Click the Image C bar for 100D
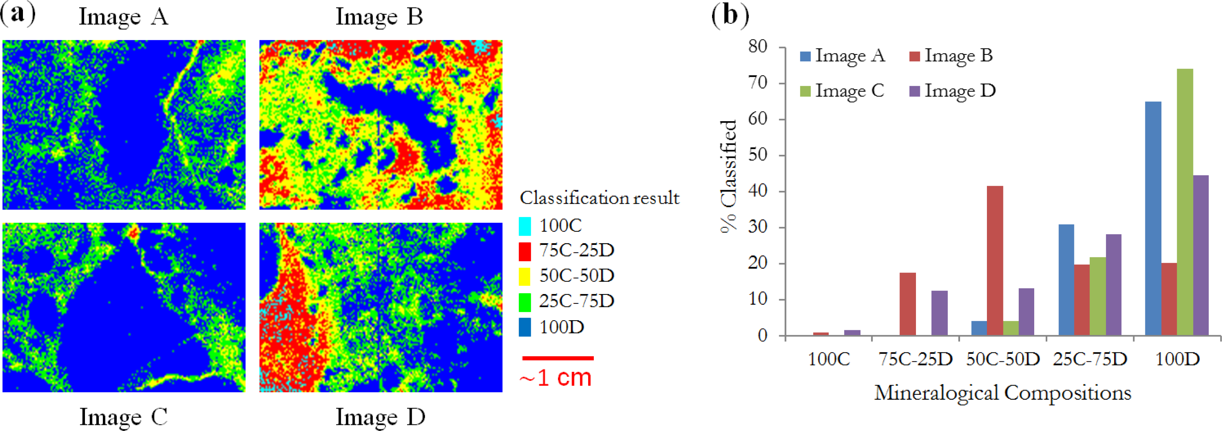pos(1184,202)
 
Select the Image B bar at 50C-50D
pos(995,261)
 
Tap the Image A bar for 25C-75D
pos(1066,280)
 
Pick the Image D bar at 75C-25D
pos(939,313)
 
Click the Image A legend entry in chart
pos(842,56)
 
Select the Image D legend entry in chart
pos(952,91)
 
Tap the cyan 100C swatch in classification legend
pos(525,226)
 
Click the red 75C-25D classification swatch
pos(525,251)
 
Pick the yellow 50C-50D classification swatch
pos(525,276)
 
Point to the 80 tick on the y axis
pos(758,47)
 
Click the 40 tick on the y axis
pos(758,191)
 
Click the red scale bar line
pos(557,358)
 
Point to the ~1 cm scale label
pos(555,378)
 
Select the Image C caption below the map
pos(123,417)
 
